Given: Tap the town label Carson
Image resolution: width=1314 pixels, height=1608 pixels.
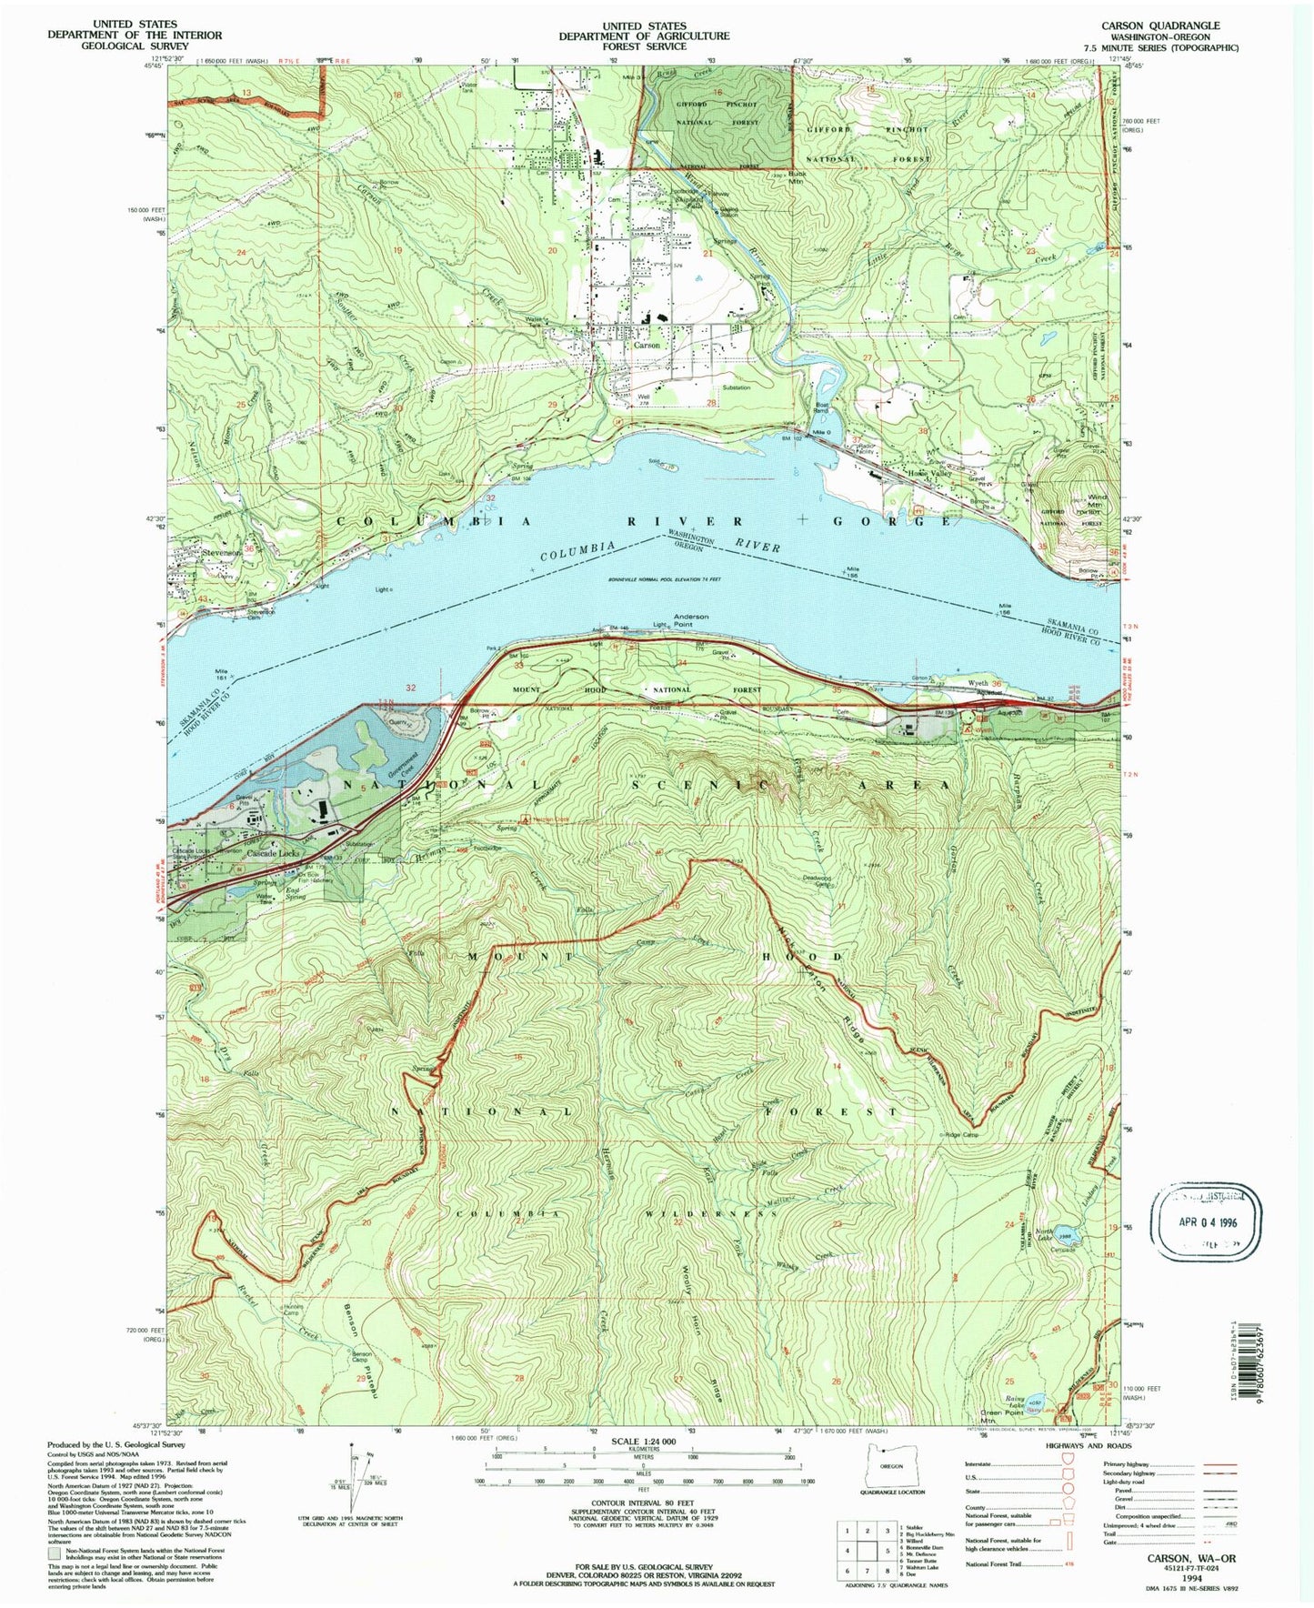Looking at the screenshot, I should click(647, 346).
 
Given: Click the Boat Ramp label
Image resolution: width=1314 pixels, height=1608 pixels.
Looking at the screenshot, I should click(822, 409).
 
